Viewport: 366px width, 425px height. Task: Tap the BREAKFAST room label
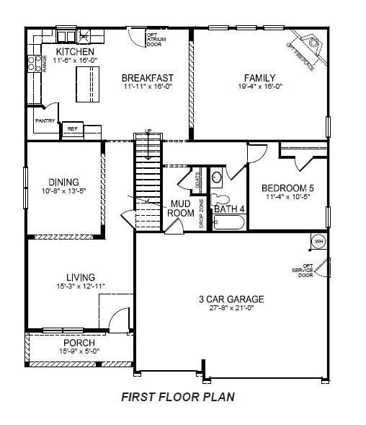pyautogui.click(x=148, y=78)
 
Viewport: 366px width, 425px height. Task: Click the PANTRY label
pyautogui.click(x=45, y=121)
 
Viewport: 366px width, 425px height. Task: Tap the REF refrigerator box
pyautogui.click(x=72, y=128)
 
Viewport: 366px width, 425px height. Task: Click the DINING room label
pyautogui.click(x=63, y=182)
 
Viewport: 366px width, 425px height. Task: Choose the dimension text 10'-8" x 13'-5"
pyautogui.click(x=63, y=191)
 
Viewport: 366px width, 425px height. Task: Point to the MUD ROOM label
pyautogui.click(x=180, y=208)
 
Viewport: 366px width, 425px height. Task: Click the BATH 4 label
pyautogui.click(x=229, y=209)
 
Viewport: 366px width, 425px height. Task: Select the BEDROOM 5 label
pyautogui.click(x=287, y=188)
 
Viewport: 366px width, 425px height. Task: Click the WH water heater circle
pyautogui.click(x=317, y=240)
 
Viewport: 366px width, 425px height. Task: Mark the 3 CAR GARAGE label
pyautogui.click(x=231, y=299)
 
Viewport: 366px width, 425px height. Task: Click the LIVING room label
pyautogui.click(x=79, y=276)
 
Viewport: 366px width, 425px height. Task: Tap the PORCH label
pyautogui.click(x=79, y=342)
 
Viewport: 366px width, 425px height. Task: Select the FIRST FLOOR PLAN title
pyautogui.click(x=177, y=396)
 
